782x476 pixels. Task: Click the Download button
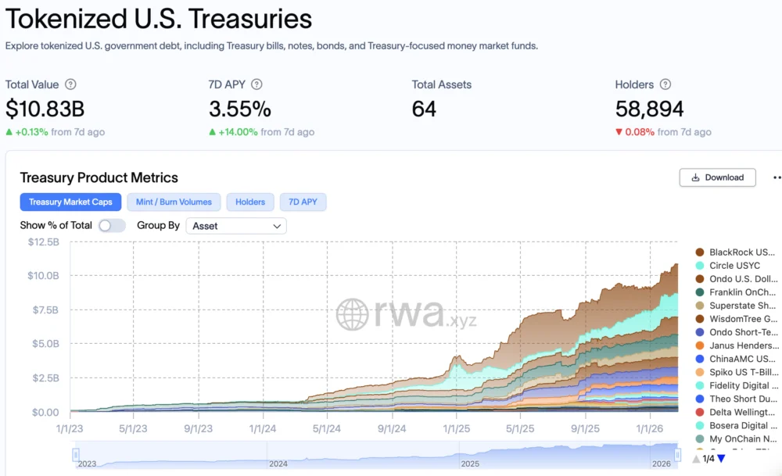(717, 177)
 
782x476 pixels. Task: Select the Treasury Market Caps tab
(70, 202)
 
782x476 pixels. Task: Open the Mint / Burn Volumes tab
(174, 202)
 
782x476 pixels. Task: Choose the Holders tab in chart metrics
(250, 202)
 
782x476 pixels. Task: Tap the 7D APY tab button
(303, 202)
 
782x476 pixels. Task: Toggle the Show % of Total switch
(112, 226)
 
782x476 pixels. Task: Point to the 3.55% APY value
(240, 109)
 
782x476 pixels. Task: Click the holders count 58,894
(650, 109)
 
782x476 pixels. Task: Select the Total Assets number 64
(424, 109)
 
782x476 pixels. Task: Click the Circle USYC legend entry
(734, 266)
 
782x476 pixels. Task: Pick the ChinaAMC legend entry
(742, 359)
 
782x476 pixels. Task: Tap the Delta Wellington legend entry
(742, 412)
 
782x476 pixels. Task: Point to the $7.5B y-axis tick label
(43, 310)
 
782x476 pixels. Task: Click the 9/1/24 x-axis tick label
(391, 428)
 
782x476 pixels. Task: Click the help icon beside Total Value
(70, 84)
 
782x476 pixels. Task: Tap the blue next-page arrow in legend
(721, 459)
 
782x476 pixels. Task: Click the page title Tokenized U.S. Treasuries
(159, 19)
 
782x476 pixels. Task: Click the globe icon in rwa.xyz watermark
(352, 314)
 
